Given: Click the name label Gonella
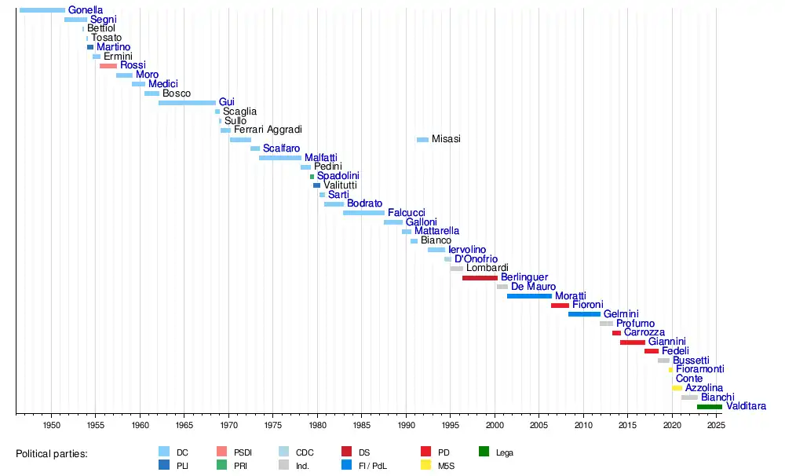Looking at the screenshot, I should tap(86, 10).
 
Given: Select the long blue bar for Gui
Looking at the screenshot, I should tap(187, 103).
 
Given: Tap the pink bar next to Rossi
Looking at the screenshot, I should tap(108, 66).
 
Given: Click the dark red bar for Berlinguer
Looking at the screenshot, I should tap(480, 278).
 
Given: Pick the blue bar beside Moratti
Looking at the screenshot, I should tap(529, 296).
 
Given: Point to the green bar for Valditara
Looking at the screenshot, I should tap(709, 407).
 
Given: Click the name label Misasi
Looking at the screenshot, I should tap(446, 139).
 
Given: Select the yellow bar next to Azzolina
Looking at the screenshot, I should tap(677, 388).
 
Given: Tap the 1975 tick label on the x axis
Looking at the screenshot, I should tap(272, 426).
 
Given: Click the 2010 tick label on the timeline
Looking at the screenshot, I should tap(583, 426).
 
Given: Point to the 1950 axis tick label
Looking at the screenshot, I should tap(51, 426).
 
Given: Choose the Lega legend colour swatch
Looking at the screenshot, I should tap(484, 452).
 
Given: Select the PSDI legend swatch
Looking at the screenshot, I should tap(222, 452).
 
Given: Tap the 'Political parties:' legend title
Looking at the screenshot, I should tap(52, 454).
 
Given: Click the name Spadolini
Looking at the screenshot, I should tap(338, 176).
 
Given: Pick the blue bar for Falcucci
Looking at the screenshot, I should tap(363, 213).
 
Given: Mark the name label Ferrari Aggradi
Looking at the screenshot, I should tap(268, 130).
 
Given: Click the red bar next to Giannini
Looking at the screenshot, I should tap(632, 342).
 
